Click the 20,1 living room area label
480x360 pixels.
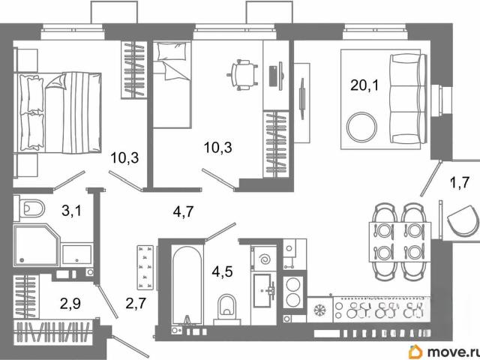(x=364, y=85)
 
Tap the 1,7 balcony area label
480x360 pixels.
(x=460, y=183)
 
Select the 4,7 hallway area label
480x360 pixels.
(x=183, y=211)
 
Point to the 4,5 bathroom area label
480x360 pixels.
(x=223, y=271)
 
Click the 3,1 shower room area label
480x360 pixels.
(x=72, y=210)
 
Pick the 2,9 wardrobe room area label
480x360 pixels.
(x=70, y=304)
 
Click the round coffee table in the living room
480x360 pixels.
(x=362, y=127)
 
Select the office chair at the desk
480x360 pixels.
(x=241, y=75)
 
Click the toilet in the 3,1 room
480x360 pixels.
(x=30, y=208)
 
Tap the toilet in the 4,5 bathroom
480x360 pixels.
(x=227, y=308)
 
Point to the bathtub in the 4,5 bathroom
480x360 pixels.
(x=187, y=284)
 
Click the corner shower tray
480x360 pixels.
(x=36, y=245)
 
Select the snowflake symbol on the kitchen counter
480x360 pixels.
(x=320, y=310)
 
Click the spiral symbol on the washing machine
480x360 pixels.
(x=265, y=260)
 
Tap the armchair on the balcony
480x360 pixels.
(x=463, y=220)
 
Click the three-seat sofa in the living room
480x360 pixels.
(x=408, y=98)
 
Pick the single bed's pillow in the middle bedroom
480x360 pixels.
(x=172, y=52)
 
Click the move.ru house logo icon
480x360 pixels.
(x=415, y=352)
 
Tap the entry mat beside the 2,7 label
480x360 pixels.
(x=145, y=267)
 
